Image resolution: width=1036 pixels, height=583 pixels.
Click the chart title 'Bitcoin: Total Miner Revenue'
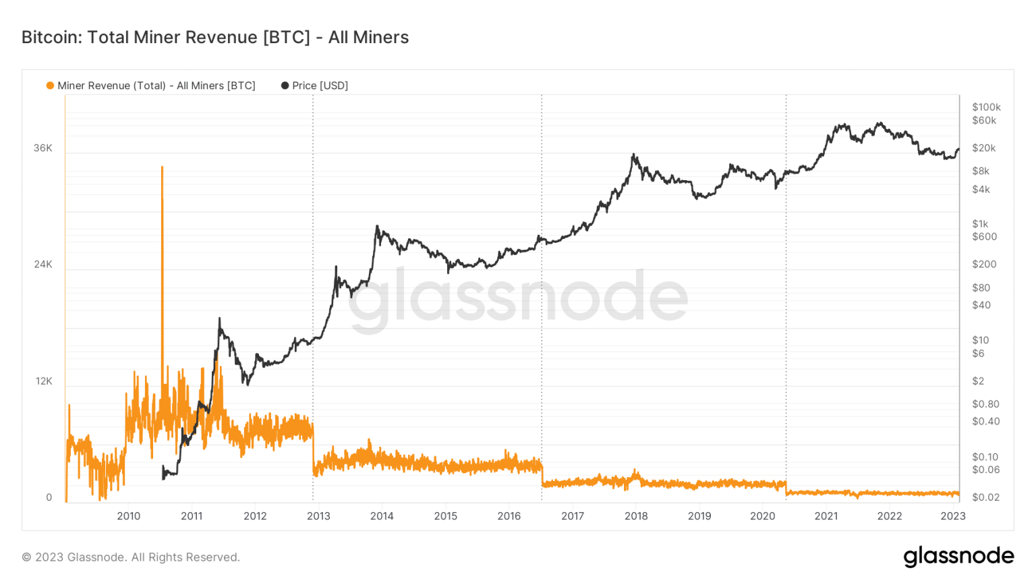pos(214,37)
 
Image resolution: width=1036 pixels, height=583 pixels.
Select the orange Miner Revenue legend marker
pos(50,86)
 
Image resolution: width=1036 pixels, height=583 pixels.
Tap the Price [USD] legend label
pos(320,86)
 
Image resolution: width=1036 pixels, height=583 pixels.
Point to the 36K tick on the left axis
pos(42,148)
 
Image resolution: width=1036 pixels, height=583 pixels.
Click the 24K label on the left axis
pos(42,265)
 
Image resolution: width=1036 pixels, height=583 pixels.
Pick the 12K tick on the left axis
pos(44,381)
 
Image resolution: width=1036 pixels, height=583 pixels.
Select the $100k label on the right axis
pos(986,107)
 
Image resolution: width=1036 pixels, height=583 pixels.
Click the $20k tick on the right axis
pos(983,148)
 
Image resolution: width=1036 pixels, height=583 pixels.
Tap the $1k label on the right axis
pos(980,224)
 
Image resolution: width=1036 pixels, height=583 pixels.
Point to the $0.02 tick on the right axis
pos(985,497)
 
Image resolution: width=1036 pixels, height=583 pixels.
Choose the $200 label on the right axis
pos(983,265)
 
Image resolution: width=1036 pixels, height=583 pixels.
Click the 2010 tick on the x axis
pos(129,516)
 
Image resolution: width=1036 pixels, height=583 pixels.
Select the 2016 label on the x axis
pos(509,516)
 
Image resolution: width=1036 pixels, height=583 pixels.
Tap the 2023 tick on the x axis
pos(953,516)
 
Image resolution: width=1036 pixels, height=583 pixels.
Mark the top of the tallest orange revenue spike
pos(162,167)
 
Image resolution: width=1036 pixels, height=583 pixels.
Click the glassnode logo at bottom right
pos(958,556)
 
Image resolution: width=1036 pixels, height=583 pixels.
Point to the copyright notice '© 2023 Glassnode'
pos(131,557)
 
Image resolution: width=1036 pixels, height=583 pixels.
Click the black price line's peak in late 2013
pos(377,227)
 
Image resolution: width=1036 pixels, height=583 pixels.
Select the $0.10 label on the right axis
pos(985,457)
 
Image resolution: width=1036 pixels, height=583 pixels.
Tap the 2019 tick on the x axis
pos(699,516)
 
